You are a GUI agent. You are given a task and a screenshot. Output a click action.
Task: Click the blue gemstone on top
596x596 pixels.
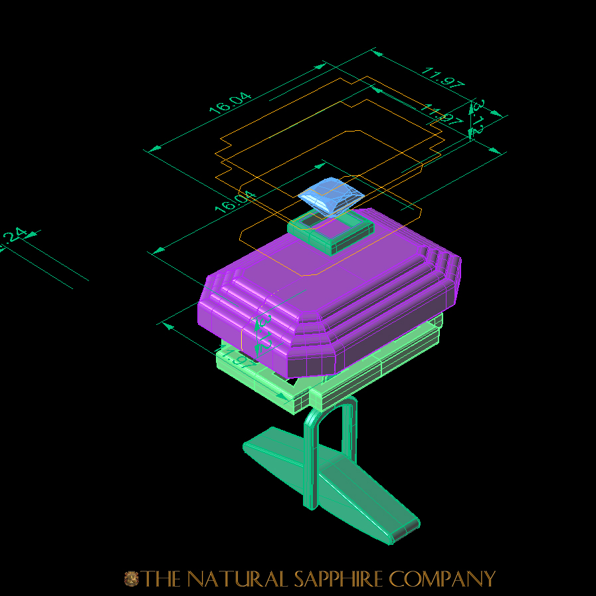click(x=330, y=196)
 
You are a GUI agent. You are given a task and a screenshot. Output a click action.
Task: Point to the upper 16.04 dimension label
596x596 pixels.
click(x=231, y=103)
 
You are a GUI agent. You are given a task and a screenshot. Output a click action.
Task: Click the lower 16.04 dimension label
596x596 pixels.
click(x=234, y=201)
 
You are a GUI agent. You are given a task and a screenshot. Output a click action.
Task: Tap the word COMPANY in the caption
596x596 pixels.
click(x=442, y=579)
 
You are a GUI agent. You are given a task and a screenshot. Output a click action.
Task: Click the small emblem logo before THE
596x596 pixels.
click(x=131, y=579)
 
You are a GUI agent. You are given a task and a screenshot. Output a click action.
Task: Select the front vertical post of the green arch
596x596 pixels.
click(x=310, y=465)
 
